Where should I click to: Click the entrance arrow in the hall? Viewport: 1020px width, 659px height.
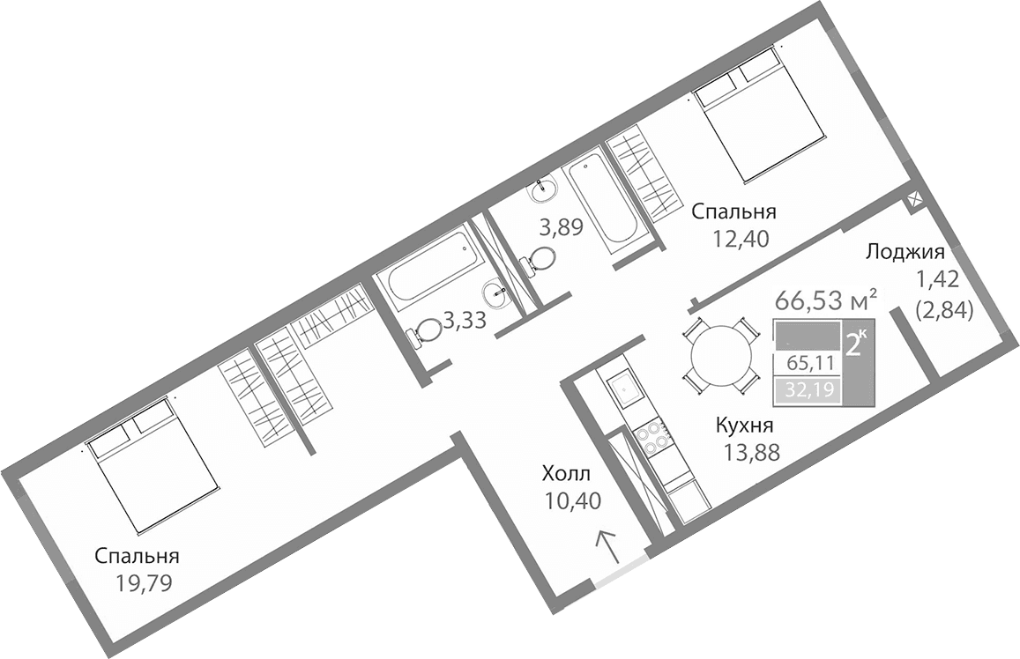[607, 545]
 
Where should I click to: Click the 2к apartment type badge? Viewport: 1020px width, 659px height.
[856, 343]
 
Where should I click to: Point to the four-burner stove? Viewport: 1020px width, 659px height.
[652, 438]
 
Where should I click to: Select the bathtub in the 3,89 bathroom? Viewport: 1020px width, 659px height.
[602, 201]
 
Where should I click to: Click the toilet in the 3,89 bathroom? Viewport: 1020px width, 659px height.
[540, 260]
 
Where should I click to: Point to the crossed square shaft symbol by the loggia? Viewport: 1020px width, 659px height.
[915, 199]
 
